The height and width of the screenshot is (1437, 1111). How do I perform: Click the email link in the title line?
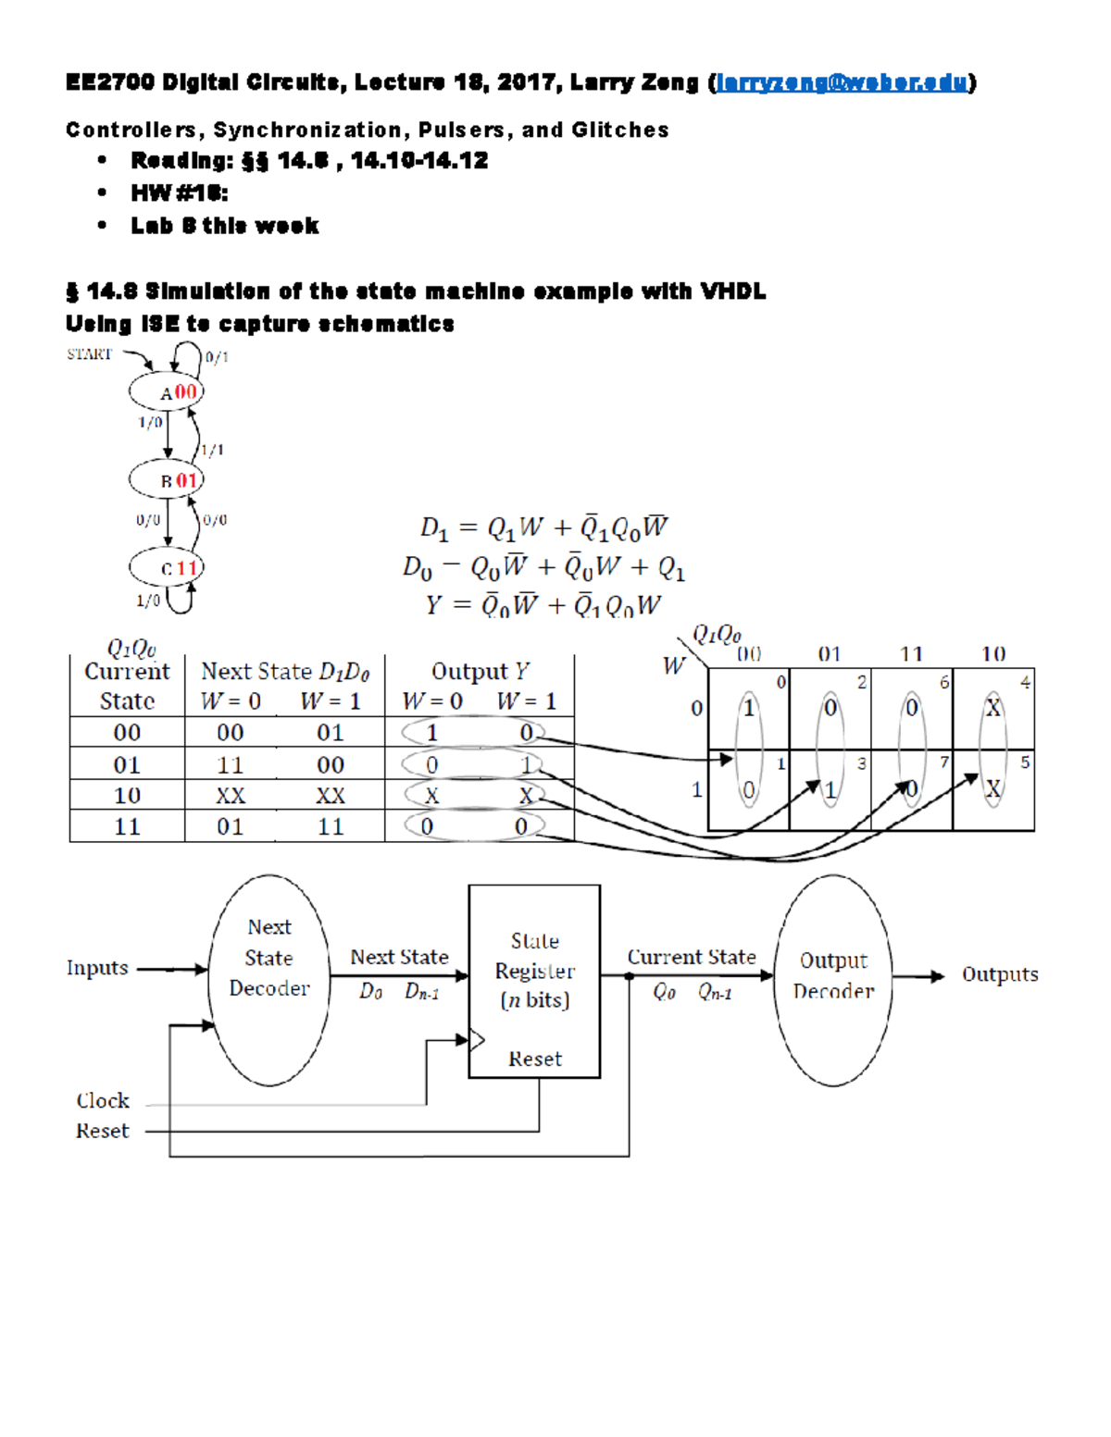(x=842, y=82)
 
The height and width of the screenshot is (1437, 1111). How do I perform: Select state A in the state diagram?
(x=167, y=391)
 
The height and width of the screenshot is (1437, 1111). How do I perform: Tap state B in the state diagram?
(x=167, y=480)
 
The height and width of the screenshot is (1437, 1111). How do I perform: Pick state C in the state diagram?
(x=167, y=567)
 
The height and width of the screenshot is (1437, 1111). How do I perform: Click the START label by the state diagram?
(x=89, y=353)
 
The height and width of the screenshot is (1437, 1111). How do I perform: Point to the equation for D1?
(x=543, y=527)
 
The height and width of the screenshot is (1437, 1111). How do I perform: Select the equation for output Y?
(x=543, y=605)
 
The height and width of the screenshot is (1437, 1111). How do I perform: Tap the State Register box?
(x=534, y=981)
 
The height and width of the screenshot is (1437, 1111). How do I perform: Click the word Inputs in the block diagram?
(x=97, y=968)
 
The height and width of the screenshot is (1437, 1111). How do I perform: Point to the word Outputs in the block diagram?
(x=1000, y=974)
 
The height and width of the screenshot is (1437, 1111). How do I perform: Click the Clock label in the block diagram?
(x=103, y=1101)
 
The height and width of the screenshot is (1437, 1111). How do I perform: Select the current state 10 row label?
(x=127, y=796)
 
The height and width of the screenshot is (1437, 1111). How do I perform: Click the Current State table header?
(x=127, y=686)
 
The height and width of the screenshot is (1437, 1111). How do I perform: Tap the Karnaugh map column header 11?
(x=912, y=654)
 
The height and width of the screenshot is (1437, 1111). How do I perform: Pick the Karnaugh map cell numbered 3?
(x=830, y=790)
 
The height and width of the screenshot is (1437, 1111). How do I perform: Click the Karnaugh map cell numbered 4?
(x=993, y=709)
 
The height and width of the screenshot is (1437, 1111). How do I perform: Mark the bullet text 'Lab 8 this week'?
(x=225, y=226)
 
